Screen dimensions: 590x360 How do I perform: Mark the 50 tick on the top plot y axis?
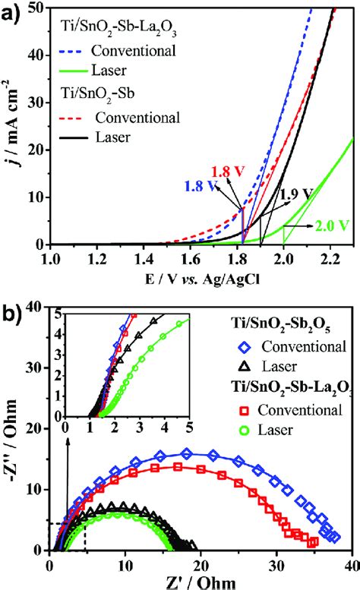point(34,7)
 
